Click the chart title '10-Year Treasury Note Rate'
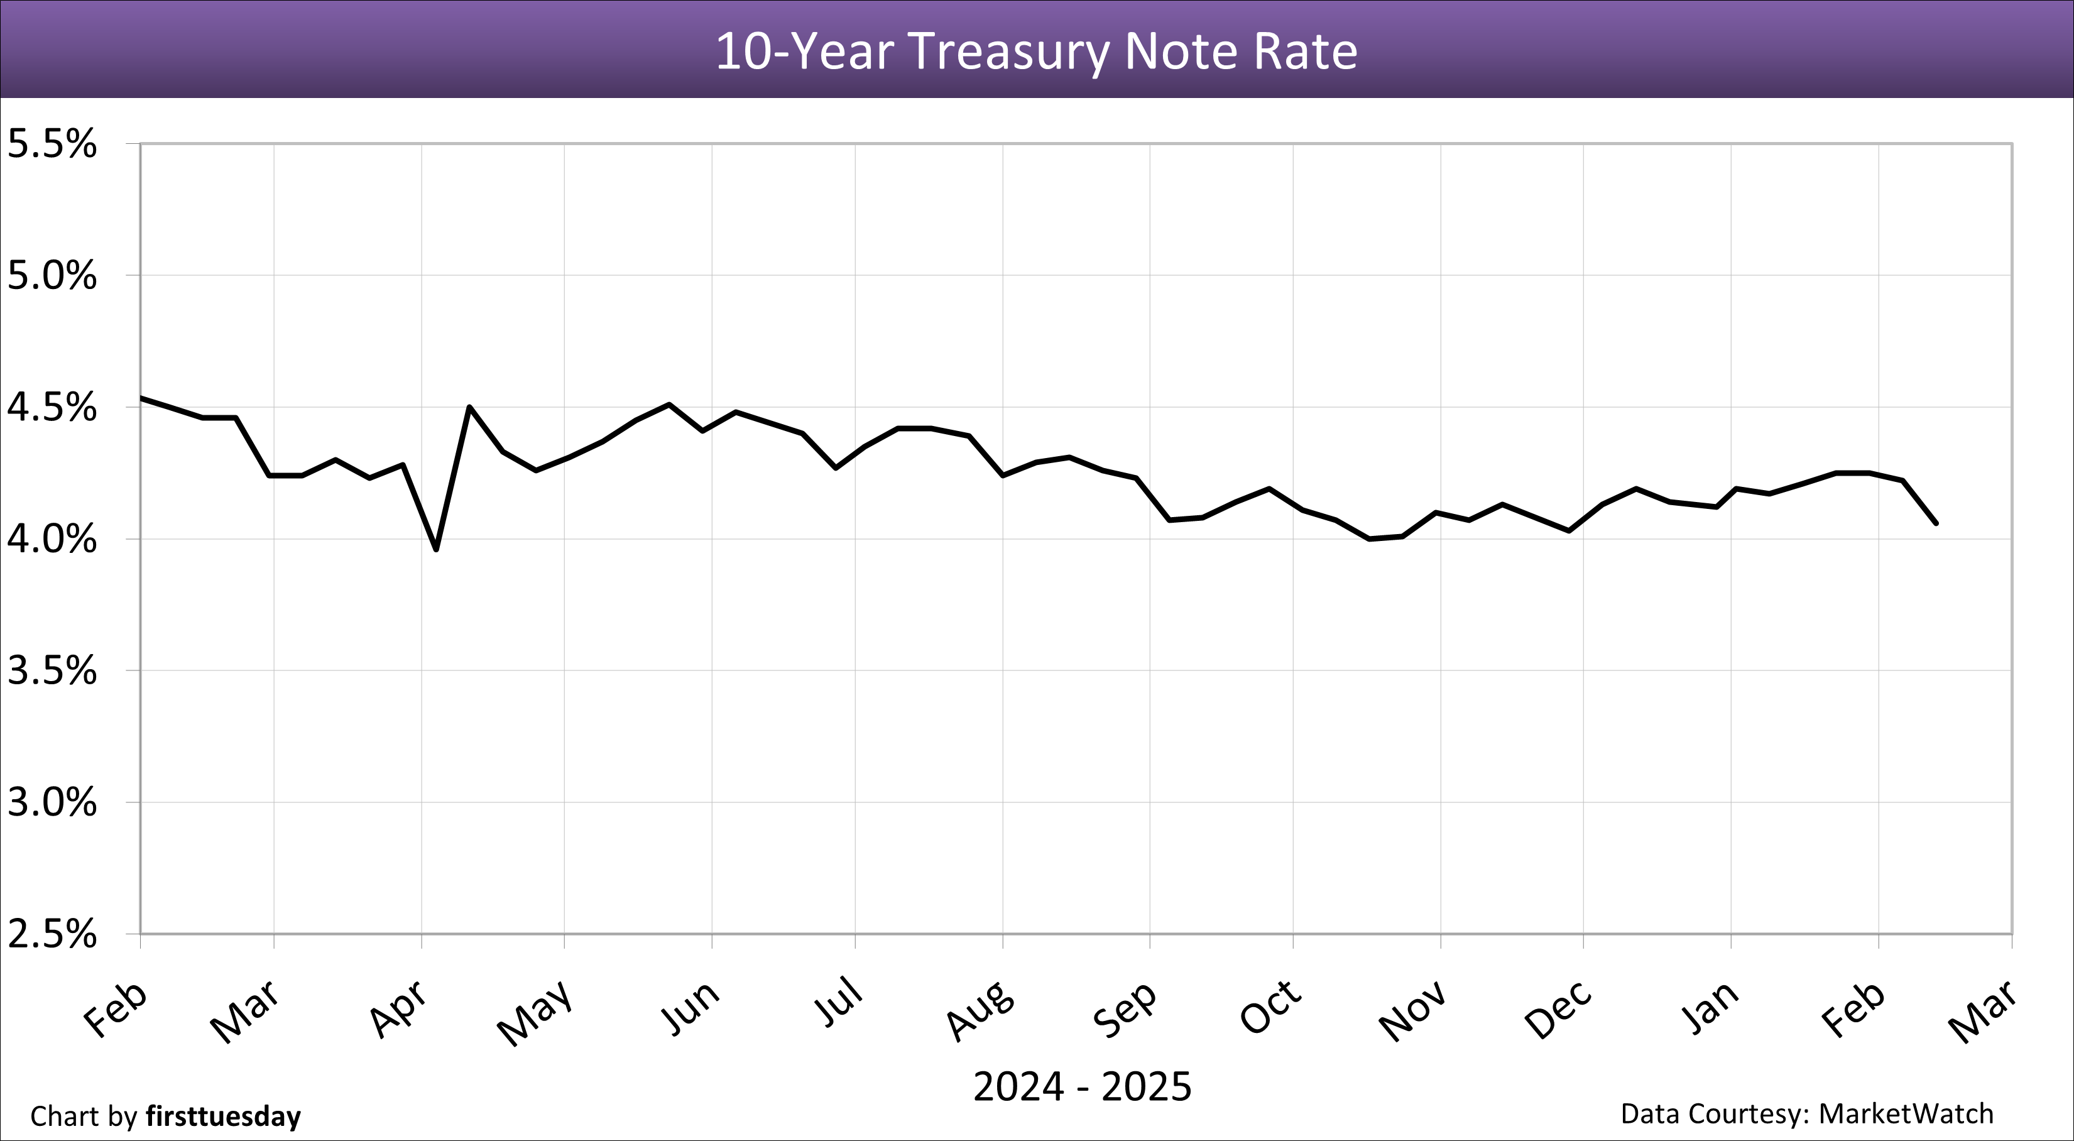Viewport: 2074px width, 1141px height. click(x=1036, y=52)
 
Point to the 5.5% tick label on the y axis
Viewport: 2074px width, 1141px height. click(x=52, y=145)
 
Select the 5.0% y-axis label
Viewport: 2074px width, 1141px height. click(x=52, y=276)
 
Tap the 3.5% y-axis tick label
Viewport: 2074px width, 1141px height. click(x=52, y=671)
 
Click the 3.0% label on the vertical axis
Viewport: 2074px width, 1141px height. click(x=52, y=803)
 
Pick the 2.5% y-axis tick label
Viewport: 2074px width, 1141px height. click(x=52, y=935)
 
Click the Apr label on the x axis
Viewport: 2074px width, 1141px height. click(x=398, y=1009)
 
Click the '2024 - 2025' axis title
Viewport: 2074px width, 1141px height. click(x=1082, y=1087)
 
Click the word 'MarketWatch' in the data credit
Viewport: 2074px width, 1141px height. click(x=1906, y=1113)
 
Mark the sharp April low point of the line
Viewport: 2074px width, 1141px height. click(x=435, y=550)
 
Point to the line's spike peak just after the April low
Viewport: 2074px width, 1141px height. click(x=469, y=407)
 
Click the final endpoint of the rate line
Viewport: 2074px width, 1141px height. click(x=1936, y=523)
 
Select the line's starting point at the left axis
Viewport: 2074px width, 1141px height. click(x=142, y=397)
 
